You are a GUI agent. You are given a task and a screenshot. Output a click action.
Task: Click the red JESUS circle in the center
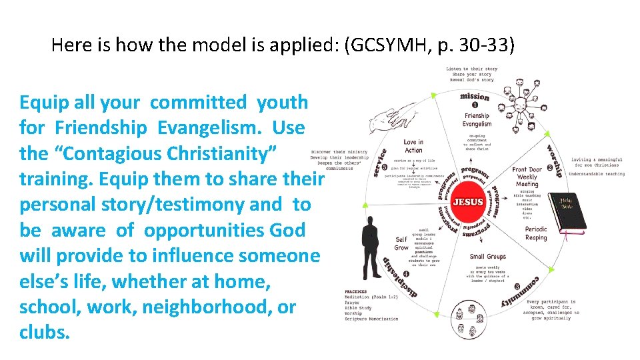(x=468, y=201)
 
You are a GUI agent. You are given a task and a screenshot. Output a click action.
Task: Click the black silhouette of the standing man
(x=369, y=247)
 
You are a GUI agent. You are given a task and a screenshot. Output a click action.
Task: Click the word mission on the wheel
(x=475, y=95)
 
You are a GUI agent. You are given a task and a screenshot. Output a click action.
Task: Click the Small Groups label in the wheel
(x=487, y=257)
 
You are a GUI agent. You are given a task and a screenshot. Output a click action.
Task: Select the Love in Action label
(x=413, y=146)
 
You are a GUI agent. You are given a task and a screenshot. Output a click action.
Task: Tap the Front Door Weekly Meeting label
(x=527, y=177)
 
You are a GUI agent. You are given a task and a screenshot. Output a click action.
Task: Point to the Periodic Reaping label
(x=535, y=233)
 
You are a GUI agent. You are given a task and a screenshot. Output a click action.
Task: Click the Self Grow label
(x=401, y=243)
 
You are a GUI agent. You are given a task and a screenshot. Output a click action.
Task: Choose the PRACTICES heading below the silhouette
(x=356, y=292)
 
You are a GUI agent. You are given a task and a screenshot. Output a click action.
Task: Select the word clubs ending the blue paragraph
(x=44, y=332)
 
